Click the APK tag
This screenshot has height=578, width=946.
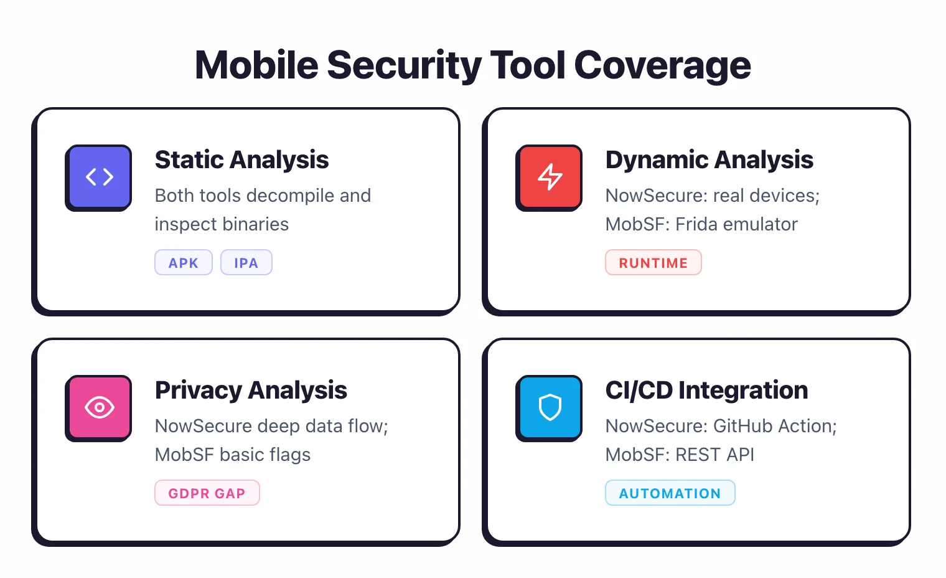pyautogui.click(x=183, y=263)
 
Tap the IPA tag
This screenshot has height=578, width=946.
pyautogui.click(x=246, y=263)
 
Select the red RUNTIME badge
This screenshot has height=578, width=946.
pyautogui.click(x=653, y=263)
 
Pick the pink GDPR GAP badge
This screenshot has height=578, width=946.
pyautogui.click(x=207, y=493)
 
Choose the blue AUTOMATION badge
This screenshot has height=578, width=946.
pyautogui.click(x=670, y=493)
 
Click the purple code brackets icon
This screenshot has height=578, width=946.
pyautogui.click(x=99, y=177)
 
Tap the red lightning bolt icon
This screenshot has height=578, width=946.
pyautogui.click(x=550, y=177)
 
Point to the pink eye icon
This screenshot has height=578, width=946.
pyautogui.click(x=99, y=407)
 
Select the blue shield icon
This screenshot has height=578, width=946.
pyautogui.click(x=550, y=407)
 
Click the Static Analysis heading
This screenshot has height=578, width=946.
pyautogui.click(x=241, y=160)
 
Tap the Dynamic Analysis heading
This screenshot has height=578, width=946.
pyautogui.click(x=709, y=160)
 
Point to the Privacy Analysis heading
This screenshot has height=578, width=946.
pyautogui.click(x=251, y=391)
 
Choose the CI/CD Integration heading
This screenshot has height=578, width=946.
pyautogui.click(x=706, y=391)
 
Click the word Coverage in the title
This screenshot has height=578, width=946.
pyautogui.click(x=662, y=65)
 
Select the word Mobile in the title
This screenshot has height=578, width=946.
pyautogui.click(x=256, y=65)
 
